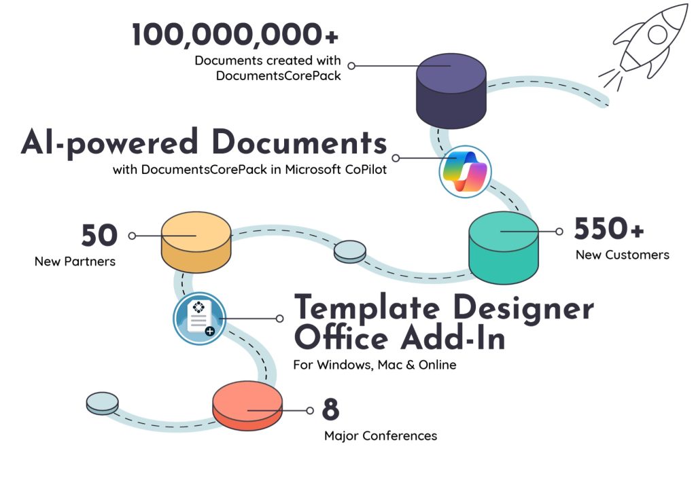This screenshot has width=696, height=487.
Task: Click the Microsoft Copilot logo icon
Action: pos(465,170)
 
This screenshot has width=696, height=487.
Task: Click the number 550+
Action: pos(609,230)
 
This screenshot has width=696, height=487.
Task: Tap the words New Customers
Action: pos(622,255)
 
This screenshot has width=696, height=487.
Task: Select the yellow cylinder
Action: pos(196,241)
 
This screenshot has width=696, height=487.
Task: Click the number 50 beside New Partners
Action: pos(99,236)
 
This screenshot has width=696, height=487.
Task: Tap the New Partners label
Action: pos(75,261)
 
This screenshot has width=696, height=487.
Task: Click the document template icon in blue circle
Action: pos(198,318)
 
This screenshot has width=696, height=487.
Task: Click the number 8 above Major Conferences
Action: pos(330,410)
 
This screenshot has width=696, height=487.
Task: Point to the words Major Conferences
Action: pos(380,435)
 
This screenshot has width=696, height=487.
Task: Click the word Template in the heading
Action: pos(367,309)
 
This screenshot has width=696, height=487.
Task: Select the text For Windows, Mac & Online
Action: pos(375,365)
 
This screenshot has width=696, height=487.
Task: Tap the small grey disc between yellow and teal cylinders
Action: pos(349,251)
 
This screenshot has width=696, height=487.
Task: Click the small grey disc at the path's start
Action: pos(102,403)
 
